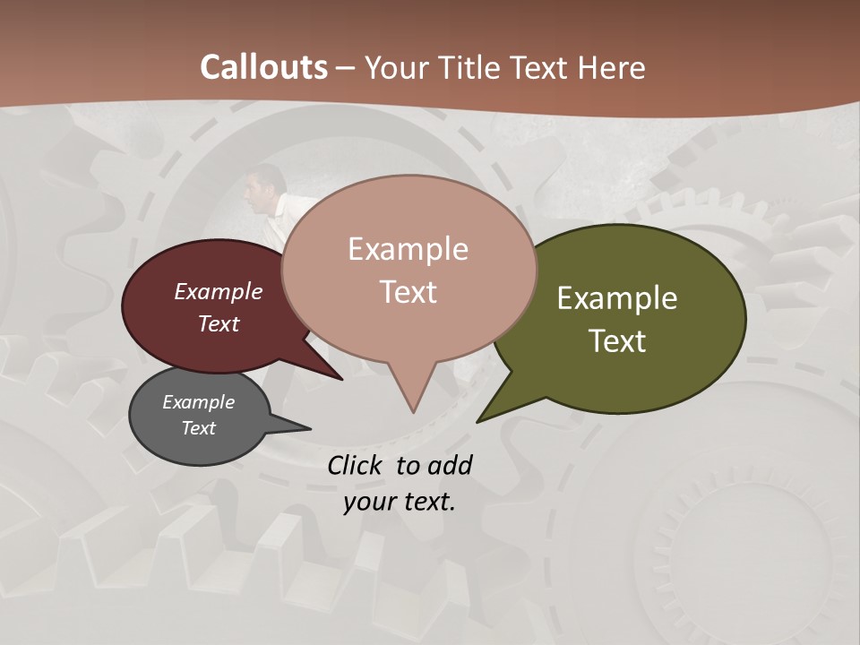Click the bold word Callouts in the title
point(263,67)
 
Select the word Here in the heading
point(612,67)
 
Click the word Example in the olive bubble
point(617,298)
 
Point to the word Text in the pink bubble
point(408,291)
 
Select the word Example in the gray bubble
point(198,402)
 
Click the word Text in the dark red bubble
point(219,323)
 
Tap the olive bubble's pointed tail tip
point(477,421)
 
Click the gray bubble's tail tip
point(310,428)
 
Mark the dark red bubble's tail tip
point(341,379)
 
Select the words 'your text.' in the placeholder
point(400,502)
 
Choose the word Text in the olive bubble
point(618,341)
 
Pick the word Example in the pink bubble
point(408,248)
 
